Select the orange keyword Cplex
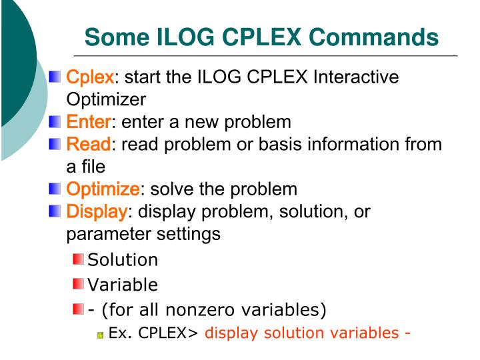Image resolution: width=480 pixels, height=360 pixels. [91, 77]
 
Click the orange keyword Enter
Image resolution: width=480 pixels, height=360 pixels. [89, 122]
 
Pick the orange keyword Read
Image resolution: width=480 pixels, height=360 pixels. [88, 144]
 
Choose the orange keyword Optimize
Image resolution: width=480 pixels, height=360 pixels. [103, 189]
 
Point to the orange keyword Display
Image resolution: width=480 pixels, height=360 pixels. [97, 212]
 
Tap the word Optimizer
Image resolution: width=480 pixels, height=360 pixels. [105, 99]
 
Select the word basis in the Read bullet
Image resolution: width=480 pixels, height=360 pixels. [257, 144]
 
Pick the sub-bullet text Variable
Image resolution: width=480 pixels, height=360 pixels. [123, 285]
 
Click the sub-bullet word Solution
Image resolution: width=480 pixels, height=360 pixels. [123, 260]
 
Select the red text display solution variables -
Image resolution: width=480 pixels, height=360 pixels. [307, 333]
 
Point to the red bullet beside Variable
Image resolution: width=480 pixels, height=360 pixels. [79, 285]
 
